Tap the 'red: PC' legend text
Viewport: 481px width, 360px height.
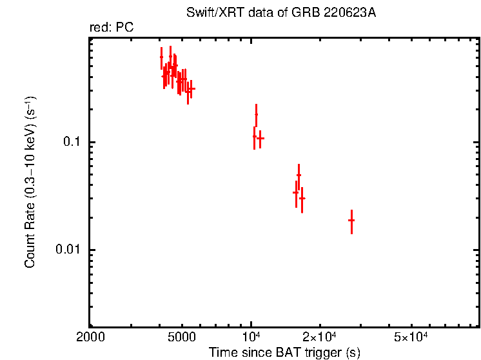coord(112,28)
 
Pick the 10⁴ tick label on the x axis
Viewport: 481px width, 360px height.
coord(251,337)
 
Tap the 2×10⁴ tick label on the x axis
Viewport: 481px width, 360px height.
coord(320,337)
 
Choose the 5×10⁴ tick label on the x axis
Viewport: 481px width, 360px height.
coord(411,337)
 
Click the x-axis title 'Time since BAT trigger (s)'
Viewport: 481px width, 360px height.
coord(284,352)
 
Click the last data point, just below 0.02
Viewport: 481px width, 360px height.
coord(351,221)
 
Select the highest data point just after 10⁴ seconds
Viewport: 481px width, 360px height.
coord(256,115)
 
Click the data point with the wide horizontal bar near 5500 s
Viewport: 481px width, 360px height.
coord(191,88)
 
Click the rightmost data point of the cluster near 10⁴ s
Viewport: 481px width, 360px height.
coord(260,139)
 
